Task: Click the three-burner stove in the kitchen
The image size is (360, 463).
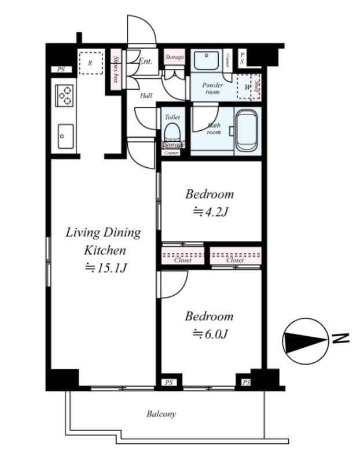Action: pyautogui.click(x=64, y=95)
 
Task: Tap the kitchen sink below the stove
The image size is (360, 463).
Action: pyautogui.click(x=65, y=136)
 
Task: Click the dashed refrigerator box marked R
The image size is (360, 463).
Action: pyautogui.click(x=90, y=63)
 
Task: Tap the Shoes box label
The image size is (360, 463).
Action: pyautogui.click(x=116, y=70)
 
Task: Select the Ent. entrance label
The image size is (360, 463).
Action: pyautogui.click(x=145, y=61)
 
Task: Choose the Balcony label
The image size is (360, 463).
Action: pyautogui.click(x=161, y=414)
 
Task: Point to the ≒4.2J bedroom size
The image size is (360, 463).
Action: pyautogui.click(x=209, y=212)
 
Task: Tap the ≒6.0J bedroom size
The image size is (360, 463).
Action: pyautogui.click(x=209, y=334)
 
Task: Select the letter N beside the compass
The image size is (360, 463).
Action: pyautogui.click(x=344, y=339)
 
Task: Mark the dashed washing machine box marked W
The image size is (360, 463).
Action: pyautogui.click(x=248, y=86)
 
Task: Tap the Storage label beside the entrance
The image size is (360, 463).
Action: pyautogui.click(x=174, y=57)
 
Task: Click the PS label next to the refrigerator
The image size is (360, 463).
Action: pyautogui.click(x=61, y=69)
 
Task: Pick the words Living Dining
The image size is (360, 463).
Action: pyautogui.click(x=103, y=233)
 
